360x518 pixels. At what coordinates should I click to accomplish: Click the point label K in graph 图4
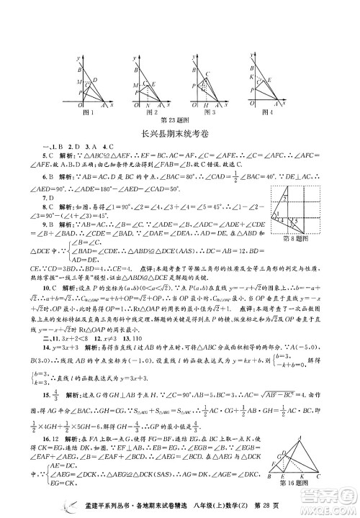(251, 76)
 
